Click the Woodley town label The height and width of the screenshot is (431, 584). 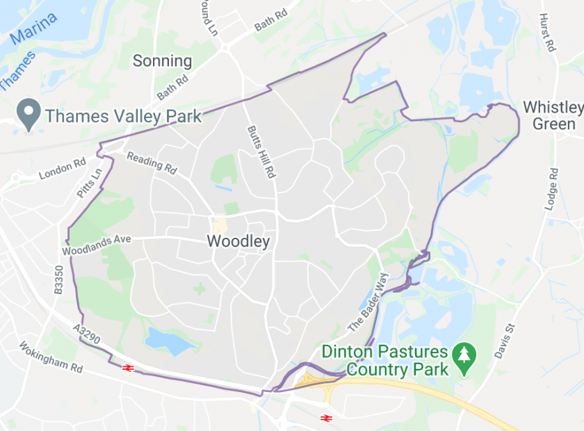(238, 242)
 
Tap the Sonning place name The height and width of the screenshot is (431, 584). (162, 61)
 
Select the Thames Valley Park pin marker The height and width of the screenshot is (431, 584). (29, 115)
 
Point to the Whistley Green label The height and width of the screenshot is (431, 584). (553, 115)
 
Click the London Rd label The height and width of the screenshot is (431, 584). (62, 169)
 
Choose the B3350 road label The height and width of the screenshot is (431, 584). (58, 281)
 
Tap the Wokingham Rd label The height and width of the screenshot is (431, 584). (51, 357)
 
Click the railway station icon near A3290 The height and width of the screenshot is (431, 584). (127, 367)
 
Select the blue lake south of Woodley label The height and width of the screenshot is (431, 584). (168, 340)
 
